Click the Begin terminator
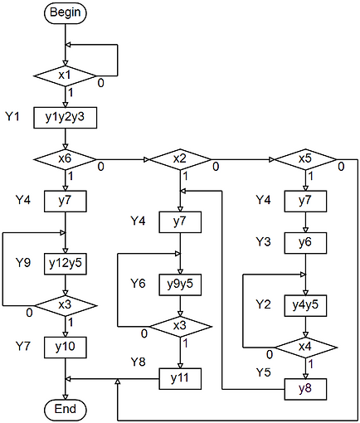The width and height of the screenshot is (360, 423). [x=65, y=12]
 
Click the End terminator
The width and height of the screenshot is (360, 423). [x=65, y=409]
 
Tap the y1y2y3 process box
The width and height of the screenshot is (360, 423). [x=65, y=117]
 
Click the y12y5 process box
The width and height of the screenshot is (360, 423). [x=65, y=262]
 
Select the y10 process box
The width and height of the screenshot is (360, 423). [x=65, y=345]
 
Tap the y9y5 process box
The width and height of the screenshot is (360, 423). [x=180, y=284]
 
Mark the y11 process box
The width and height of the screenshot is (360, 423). [x=180, y=378]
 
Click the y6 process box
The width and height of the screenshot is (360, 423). [x=305, y=241]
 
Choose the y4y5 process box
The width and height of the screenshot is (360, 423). [x=305, y=304]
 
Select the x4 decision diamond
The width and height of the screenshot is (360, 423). [x=305, y=345]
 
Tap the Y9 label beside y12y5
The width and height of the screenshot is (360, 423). [x=23, y=262]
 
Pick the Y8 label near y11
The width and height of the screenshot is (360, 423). [x=139, y=362]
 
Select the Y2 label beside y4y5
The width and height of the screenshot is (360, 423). [x=263, y=304]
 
